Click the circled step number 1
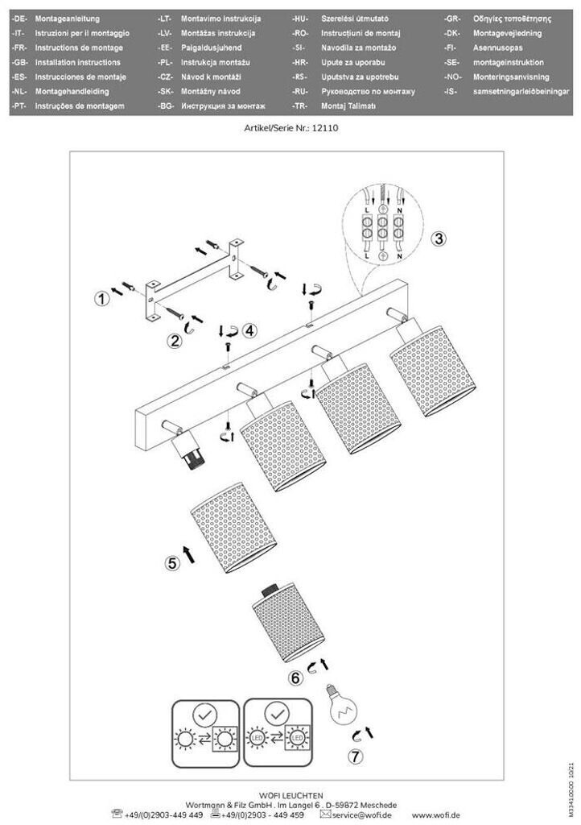click(101, 299)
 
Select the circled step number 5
click(172, 563)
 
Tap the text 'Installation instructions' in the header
click(77, 62)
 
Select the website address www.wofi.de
click(435, 815)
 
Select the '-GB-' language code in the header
click(22, 62)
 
